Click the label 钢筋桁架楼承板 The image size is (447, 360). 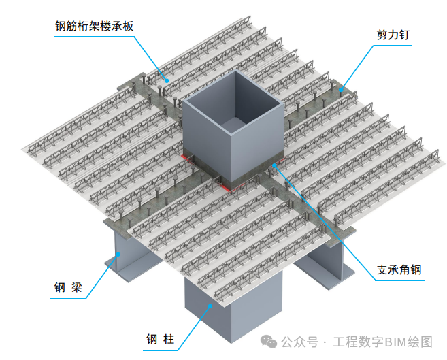click(x=94, y=26)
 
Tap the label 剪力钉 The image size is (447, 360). click(x=393, y=35)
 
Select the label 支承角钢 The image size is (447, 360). click(x=399, y=269)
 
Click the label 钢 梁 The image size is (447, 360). click(x=68, y=287)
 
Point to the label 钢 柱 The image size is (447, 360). click(x=160, y=339)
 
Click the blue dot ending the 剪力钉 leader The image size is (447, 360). click(x=341, y=90)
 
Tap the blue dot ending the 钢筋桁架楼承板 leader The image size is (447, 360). click(x=167, y=80)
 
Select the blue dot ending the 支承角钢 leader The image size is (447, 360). click(x=274, y=165)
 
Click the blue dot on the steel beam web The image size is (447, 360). click(x=118, y=255)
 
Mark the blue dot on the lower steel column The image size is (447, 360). click(x=210, y=306)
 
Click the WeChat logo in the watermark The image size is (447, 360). click(x=269, y=342)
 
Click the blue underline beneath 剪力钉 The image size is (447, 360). click(x=393, y=46)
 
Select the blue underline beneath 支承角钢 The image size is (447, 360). click(x=399, y=280)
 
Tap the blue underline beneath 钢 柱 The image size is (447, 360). click(x=160, y=350)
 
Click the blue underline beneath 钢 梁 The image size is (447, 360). click(x=68, y=299)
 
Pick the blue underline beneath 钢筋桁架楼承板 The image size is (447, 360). click(x=94, y=37)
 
